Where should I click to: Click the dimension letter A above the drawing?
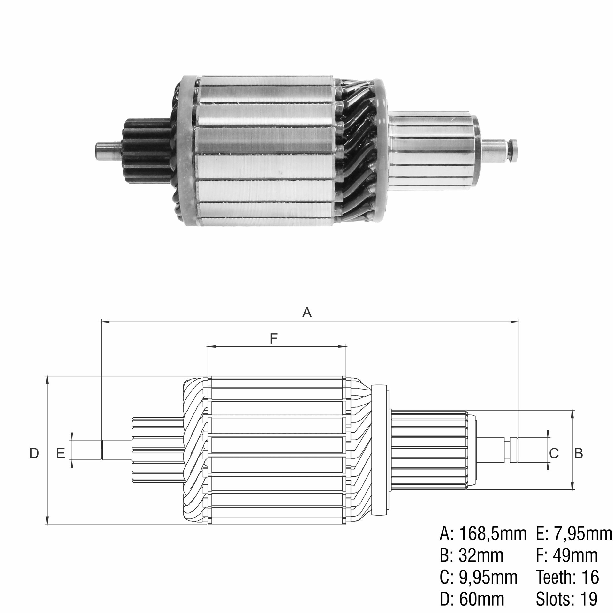[307, 312]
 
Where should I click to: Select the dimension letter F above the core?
[274, 338]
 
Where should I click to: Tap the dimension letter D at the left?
[34, 453]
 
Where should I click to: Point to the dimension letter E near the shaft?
[61, 453]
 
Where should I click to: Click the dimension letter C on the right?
[554, 453]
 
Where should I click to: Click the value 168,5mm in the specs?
[493, 534]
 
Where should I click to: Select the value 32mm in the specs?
[481, 556]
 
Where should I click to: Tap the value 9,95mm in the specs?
[488, 577]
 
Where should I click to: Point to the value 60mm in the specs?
[481, 599]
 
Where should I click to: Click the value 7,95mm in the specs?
[583, 534]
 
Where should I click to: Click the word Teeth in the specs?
[555, 577]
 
